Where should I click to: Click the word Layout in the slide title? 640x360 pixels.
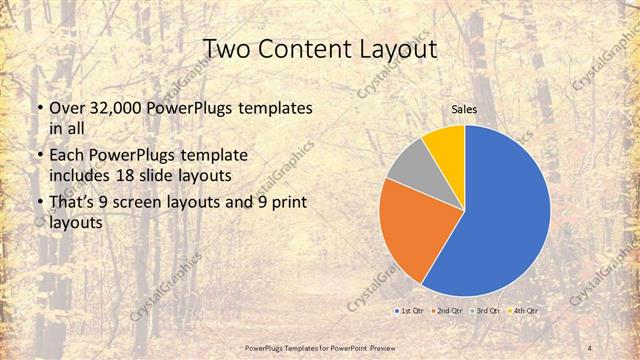[x=403, y=49]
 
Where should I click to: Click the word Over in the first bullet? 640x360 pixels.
[x=66, y=107]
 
